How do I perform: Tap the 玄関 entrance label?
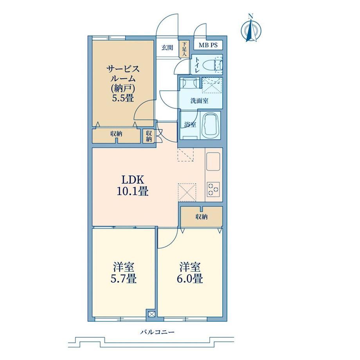167,48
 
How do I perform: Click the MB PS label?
208,45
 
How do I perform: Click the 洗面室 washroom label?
199,101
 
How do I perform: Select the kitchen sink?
213,162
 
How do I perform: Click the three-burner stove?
213,189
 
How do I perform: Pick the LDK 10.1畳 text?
133,185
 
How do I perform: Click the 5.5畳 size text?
123,98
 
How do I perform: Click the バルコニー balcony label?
157,332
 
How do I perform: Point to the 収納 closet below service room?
116,136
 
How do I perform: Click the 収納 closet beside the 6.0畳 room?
202,216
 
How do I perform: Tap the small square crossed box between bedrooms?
152,314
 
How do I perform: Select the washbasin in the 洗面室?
188,83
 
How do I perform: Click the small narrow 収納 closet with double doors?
149,136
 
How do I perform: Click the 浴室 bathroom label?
190,125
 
